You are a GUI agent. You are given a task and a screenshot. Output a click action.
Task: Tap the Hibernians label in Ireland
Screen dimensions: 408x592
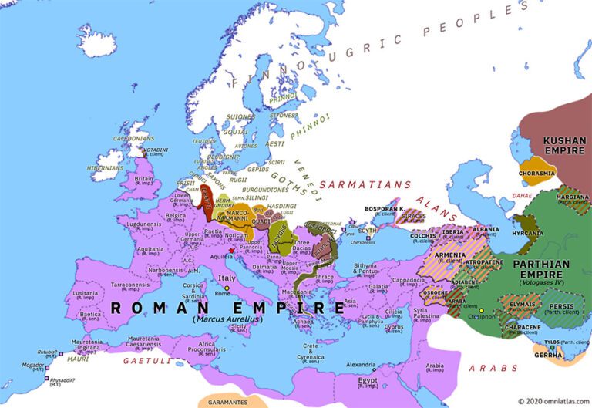coord(105,167)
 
